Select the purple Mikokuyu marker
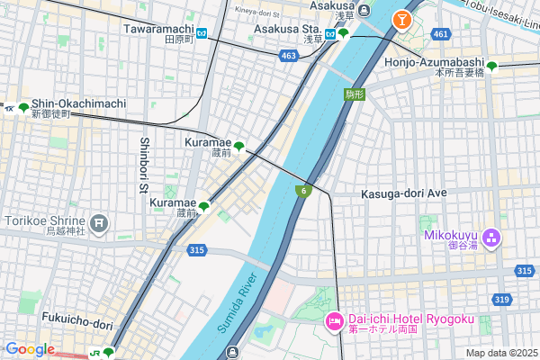[x=491, y=238]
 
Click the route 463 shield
[x=288, y=56]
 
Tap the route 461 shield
[x=439, y=34]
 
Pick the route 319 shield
[x=502, y=299]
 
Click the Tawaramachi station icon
[x=202, y=34]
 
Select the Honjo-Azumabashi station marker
[x=491, y=65]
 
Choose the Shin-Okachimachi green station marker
[x=23, y=108]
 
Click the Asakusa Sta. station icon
[x=342, y=34]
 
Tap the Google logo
[x=29, y=349]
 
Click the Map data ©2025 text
[x=500, y=353]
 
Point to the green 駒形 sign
[x=355, y=94]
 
